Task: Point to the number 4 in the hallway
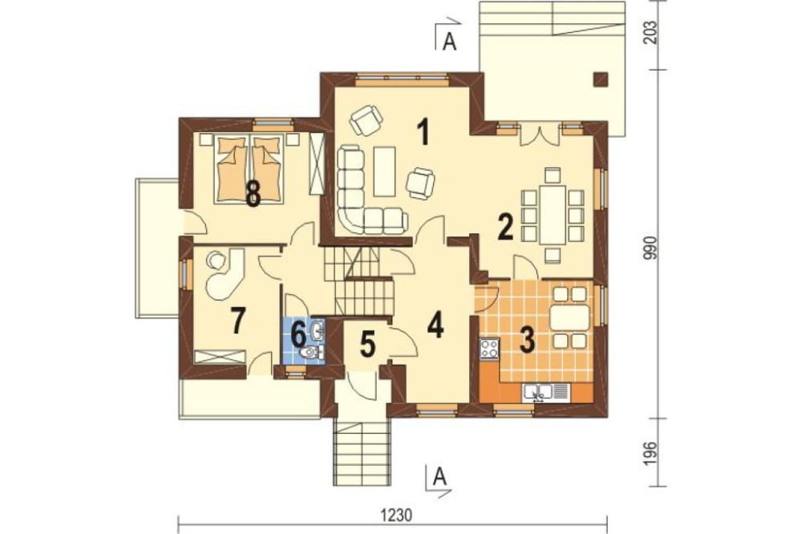(435, 325)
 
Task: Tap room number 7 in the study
(236, 322)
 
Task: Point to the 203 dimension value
(650, 34)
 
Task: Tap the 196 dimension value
(650, 451)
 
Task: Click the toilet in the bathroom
(310, 353)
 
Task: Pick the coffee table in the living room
(385, 172)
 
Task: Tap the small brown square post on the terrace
(601, 79)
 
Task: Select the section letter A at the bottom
(439, 477)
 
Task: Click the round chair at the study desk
(215, 259)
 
